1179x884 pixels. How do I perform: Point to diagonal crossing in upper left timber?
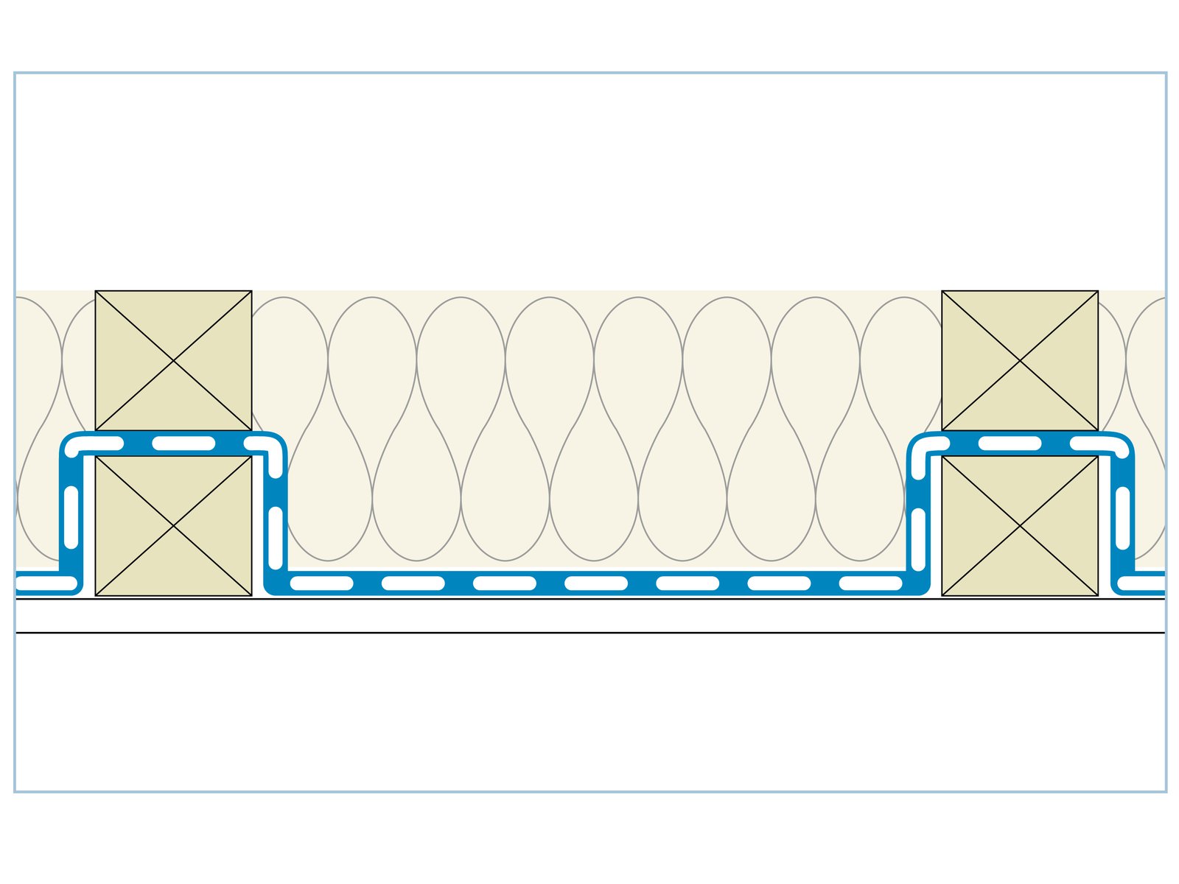pos(173,361)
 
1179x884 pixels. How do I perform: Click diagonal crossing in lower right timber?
pos(1020,526)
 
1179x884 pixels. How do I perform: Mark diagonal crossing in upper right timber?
pos(1020,361)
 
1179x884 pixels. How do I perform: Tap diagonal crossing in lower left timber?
pos(173,526)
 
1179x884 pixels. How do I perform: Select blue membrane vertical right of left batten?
pos(275,516)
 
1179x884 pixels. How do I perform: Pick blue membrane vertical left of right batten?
pos(918,516)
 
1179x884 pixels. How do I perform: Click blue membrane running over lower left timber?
pos(173,443)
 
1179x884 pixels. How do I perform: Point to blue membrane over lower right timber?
pos(1020,443)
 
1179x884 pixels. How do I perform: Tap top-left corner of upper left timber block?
pos(96,291)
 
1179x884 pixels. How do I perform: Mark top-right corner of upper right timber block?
pos(1098,291)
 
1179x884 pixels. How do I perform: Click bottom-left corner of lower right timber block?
pos(942,595)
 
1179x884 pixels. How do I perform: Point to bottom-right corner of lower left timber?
pos(251,595)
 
